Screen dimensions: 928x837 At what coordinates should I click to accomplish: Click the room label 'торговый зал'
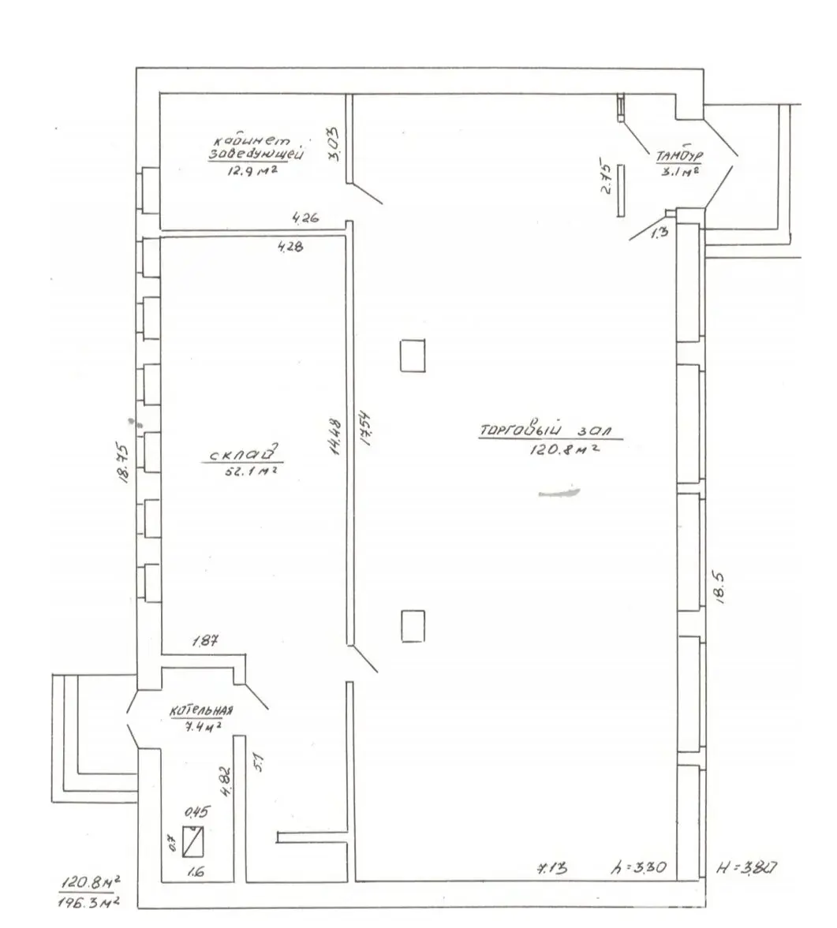(x=550, y=430)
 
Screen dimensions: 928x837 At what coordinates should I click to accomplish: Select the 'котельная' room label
(x=201, y=710)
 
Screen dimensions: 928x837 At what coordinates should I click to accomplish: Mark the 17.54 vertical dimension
(x=365, y=430)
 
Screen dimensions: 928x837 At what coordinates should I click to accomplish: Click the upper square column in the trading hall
(x=413, y=355)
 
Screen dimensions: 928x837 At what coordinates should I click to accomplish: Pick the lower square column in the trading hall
(x=413, y=626)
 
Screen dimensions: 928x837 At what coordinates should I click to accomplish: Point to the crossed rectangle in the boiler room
(x=193, y=842)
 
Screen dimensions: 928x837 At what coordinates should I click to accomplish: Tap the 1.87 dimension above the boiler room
(x=206, y=643)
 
